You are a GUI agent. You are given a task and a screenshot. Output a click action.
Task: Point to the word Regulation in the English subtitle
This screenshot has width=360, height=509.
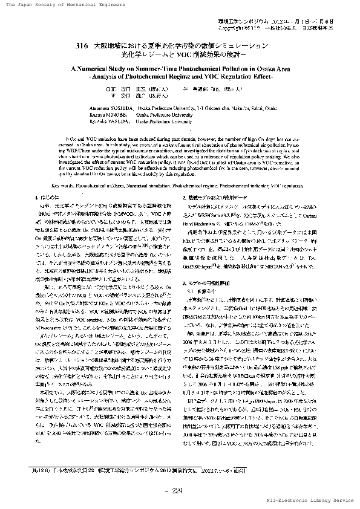pyautogui.click(x=226, y=78)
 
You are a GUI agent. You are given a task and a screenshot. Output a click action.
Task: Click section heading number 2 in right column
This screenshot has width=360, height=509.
pyautogui.click(x=185, y=198)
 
